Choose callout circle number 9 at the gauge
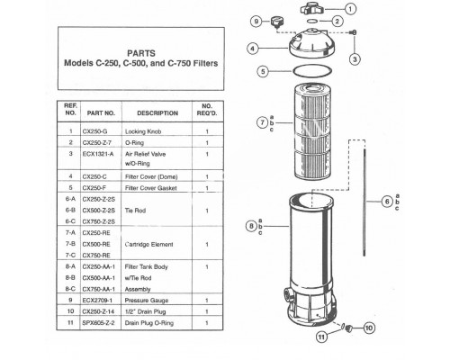pos(256,21)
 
